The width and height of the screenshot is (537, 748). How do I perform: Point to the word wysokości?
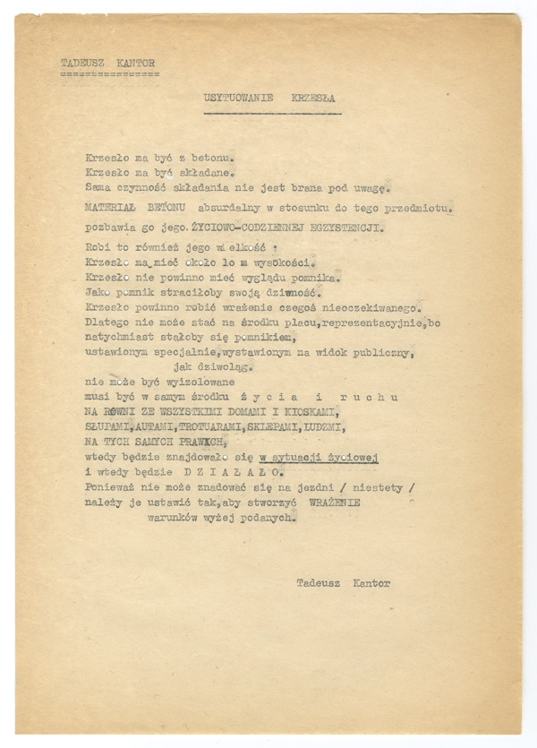tap(286, 265)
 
